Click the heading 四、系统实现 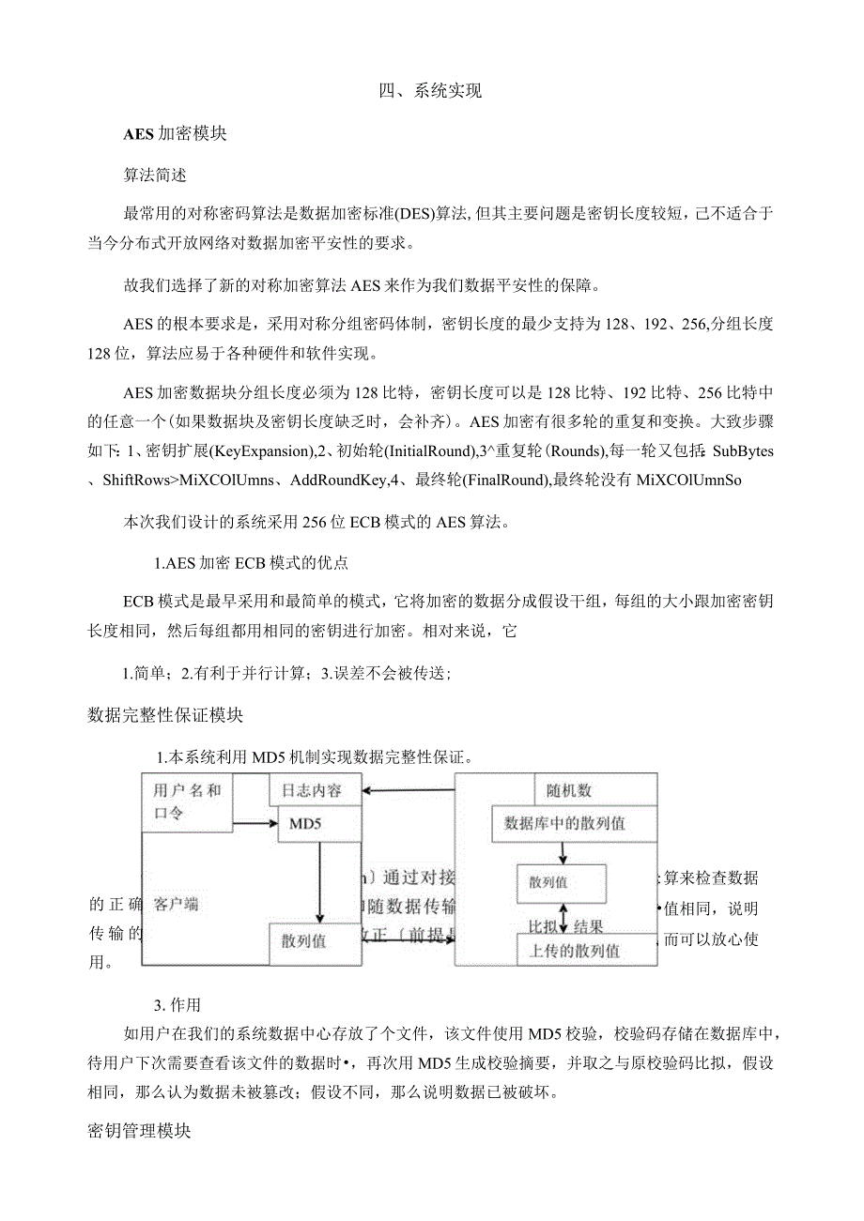pyautogui.click(x=430, y=91)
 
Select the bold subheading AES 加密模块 pyautogui.click(x=175, y=133)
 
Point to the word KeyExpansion pyautogui.click(x=262, y=451)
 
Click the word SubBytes pyautogui.click(x=742, y=451)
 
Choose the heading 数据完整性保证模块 pyautogui.click(x=165, y=715)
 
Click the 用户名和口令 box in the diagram pyautogui.click(x=187, y=802)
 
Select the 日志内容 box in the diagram pyautogui.click(x=316, y=790)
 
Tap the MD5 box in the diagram pyautogui.click(x=316, y=824)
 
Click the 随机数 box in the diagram pyautogui.click(x=569, y=790)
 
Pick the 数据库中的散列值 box pyautogui.click(x=564, y=824)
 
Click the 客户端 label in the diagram pyautogui.click(x=176, y=905)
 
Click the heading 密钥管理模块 pyautogui.click(x=139, y=1131)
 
